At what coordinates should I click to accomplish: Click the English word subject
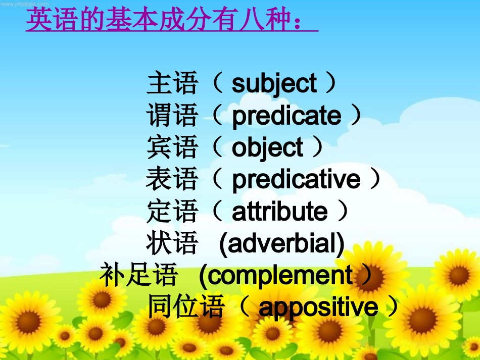pyautogui.click(x=274, y=84)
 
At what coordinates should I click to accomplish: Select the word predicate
pyautogui.click(x=286, y=116)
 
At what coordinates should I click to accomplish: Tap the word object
pyautogui.click(x=267, y=148)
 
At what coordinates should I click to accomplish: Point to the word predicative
pyautogui.click(x=296, y=180)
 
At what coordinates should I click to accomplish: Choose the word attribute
pyautogui.click(x=279, y=212)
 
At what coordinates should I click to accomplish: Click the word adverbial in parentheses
pyautogui.click(x=282, y=244)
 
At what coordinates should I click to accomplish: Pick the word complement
pyautogui.click(x=280, y=276)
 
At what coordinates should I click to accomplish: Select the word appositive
pyautogui.click(x=318, y=307)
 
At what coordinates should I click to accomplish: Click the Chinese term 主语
pyautogui.click(x=172, y=83)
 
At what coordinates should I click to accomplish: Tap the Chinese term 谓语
pyautogui.click(x=172, y=116)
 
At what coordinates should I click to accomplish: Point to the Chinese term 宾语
pyautogui.click(x=172, y=147)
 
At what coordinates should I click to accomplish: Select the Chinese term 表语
pyautogui.click(x=172, y=179)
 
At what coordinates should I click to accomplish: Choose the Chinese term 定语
pyautogui.click(x=172, y=211)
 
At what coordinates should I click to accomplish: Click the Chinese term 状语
pyautogui.click(x=172, y=243)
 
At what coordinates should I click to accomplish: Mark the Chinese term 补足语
pyautogui.click(x=138, y=275)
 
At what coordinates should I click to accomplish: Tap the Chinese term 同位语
pyautogui.click(x=185, y=307)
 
